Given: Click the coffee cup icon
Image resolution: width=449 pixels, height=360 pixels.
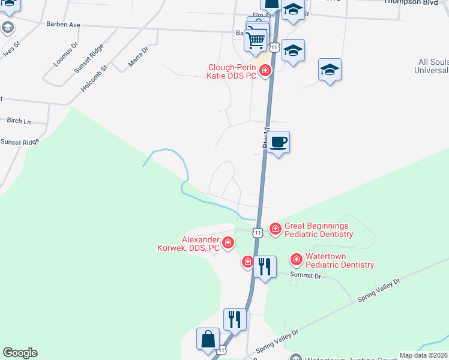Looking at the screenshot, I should (x=277, y=143).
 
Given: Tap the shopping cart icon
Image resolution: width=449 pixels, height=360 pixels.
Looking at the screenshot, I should (x=256, y=40).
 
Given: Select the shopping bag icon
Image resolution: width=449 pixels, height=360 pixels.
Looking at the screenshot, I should (x=207, y=339).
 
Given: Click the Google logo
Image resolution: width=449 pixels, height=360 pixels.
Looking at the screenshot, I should (x=20, y=353).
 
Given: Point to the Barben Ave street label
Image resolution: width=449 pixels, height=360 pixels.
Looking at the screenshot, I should (x=63, y=25).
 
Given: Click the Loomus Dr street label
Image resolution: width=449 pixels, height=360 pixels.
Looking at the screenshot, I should (x=65, y=53).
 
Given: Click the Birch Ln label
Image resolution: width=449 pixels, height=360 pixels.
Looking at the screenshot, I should (x=19, y=121).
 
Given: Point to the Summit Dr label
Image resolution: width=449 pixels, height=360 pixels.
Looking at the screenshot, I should (x=306, y=275).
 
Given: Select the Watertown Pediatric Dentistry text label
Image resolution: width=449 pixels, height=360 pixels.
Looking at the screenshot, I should (x=340, y=260).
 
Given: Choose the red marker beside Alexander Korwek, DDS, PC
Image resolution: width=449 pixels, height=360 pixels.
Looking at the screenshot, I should (x=228, y=243).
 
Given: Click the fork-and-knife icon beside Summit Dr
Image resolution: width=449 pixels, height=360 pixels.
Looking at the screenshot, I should (x=265, y=266).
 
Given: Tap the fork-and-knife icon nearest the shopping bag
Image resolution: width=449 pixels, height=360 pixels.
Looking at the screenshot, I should (x=235, y=319).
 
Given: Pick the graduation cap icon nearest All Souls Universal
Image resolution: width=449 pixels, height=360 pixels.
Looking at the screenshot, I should (x=330, y=70).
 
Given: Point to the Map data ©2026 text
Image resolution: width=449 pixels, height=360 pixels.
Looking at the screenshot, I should (x=423, y=355).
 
